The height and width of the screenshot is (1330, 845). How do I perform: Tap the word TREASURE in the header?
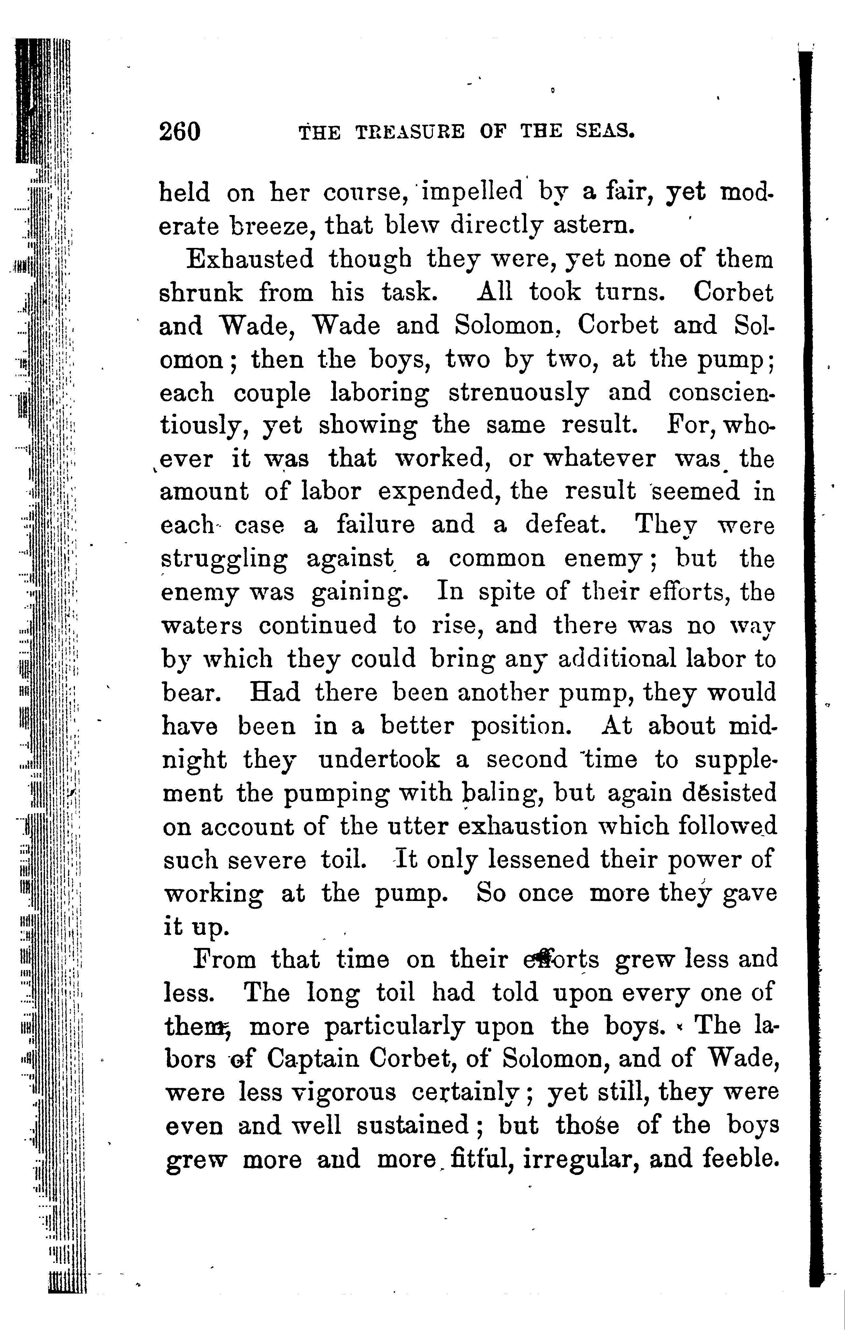(x=409, y=133)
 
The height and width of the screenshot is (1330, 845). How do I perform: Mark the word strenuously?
(x=518, y=393)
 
